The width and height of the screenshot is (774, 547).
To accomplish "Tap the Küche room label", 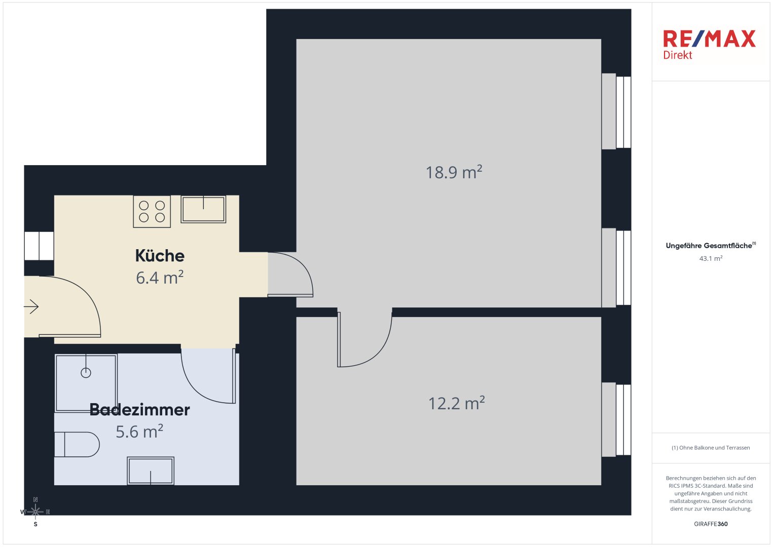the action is pyautogui.click(x=160, y=256).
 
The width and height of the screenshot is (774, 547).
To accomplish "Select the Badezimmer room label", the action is pyautogui.click(x=139, y=410).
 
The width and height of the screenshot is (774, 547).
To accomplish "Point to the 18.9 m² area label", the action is pyautogui.click(x=454, y=172).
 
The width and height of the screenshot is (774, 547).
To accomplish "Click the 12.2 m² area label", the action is pyautogui.click(x=457, y=403).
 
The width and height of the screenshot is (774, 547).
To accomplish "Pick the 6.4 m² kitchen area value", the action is pyautogui.click(x=160, y=278).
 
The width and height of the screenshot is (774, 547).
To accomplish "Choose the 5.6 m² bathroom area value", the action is pyautogui.click(x=139, y=432).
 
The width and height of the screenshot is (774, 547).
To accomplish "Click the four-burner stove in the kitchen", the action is pyautogui.click(x=152, y=211).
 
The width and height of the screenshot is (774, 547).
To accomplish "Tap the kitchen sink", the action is pyautogui.click(x=203, y=209).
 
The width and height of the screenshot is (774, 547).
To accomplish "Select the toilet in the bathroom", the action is pyautogui.click(x=77, y=445).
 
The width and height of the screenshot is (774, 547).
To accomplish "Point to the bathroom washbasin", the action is pyautogui.click(x=151, y=471).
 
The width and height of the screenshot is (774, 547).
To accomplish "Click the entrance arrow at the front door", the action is pyautogui.click(x=31, y=306).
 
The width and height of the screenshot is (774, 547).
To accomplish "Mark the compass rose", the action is pyautogui.click(x=35, y=512).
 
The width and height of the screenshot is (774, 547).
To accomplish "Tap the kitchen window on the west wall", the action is pyautogui.click(x=39, y=246).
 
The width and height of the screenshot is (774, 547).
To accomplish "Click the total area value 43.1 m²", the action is pyautogui.click(x=711, y=258).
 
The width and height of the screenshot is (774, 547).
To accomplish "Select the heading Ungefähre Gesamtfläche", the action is pyautogui.click(x=709, y=246).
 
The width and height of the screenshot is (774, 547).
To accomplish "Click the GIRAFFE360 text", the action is pyautogui.click(x=711, y=524).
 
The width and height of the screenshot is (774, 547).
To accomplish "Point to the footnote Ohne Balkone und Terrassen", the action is pyautogui.click(x=714, y=448).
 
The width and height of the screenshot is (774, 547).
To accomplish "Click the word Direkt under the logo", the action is pyautogui.click(x=678, y=55).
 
